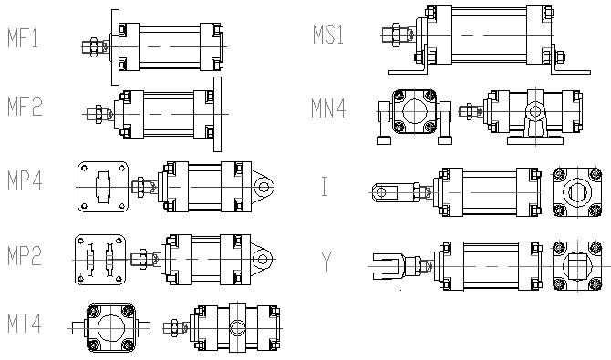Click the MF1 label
[x=23, y=38]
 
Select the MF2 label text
[x=25, y=107]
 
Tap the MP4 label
[x=25, y=180]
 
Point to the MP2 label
[x=25, y=256]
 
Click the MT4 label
[x=24, y=324]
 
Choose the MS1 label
[x=328, y=35]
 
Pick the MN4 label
[x=328, y=108]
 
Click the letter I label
[x=325, y=186]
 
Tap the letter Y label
[x=326, y=262]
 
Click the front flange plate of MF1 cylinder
[x=115, y=47]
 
